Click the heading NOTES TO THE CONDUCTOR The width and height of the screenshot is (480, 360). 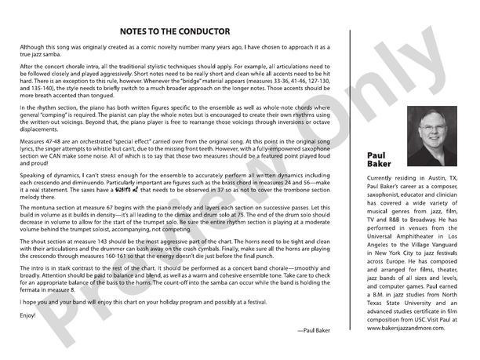tap(175, 31)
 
